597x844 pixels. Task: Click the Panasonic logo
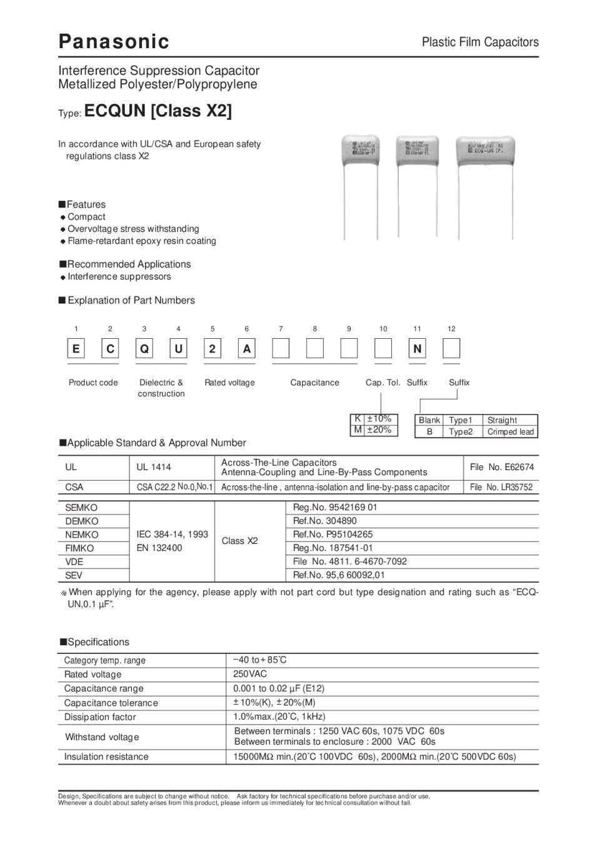pyautogui.click(x=113, y=41)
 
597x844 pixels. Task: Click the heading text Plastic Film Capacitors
pyautogui.click(x=479, y=42)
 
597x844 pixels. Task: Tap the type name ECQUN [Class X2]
pyautogui.click(x=158, y=111)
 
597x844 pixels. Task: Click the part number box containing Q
pyautogui.click(x=144, y=349)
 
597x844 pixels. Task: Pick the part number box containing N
pyautogui.click(x=417, y=349)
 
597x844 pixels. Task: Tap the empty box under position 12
pyautogui.click(x=451, y=349)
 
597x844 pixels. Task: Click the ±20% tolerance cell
pyautogui.click(x=379, y=430)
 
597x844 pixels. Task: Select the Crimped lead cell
pyautogui.click(x=510, y=432)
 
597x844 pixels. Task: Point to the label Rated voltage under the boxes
pyautogui.click(x=229, y=383)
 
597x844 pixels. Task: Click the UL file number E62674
pyautogui.click(x=501, y=467)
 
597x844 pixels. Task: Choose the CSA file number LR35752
pyautogui.click(x=501, y=487)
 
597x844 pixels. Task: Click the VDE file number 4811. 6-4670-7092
pyautogui.click(x=349, y=561)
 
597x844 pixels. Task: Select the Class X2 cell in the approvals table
pyautogui.click(x=239, y=541)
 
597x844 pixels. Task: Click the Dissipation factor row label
pyautogui.click(x=100, y=717)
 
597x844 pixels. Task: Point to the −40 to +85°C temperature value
pyautogui.click(x=259, y=660)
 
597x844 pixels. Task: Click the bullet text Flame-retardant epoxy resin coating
pyautogui.click(x=142, y=241)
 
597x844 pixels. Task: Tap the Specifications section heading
pyautogui.click(x=98, y=642)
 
